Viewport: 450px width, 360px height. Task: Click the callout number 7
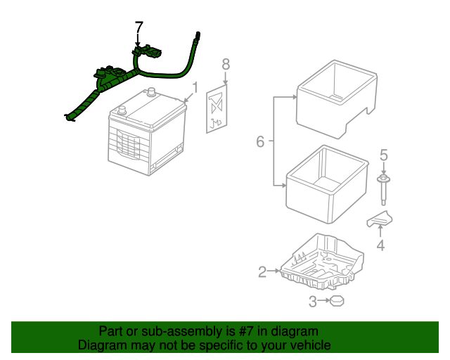(x=139, y=27)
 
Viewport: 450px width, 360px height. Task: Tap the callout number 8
(x=225, y=64)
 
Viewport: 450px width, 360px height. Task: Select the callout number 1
(x=195, y=88)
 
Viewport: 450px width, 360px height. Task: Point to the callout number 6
(x=259, y=142)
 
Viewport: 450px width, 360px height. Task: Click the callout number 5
(x=384, y=154)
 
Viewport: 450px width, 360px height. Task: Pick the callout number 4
(x=380, y=245)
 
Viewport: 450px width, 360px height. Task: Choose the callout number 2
(x=262, y=271)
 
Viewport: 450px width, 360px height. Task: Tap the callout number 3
(x=314, y=302)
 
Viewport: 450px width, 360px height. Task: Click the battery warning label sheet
(x=218, y=109)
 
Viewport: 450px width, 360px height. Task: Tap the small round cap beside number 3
(x=338, y=302)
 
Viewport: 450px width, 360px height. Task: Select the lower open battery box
(x=327, y=183)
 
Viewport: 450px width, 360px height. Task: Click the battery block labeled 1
(x=148, y=134)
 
